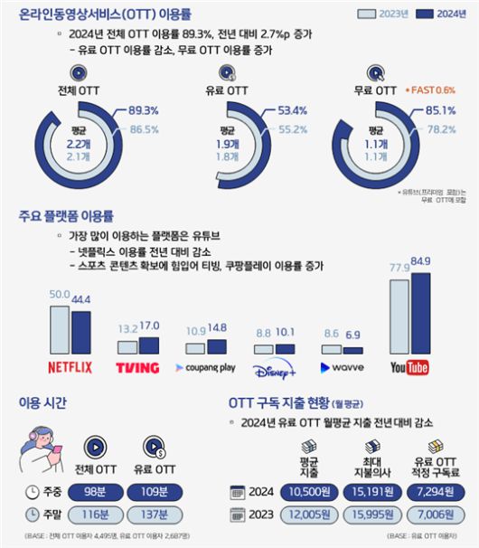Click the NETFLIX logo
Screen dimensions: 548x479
pos(70,367)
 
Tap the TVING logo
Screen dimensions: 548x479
pos(137,367)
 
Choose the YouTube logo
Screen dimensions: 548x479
pos(410,367)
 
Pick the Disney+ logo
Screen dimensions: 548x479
pos(273,367)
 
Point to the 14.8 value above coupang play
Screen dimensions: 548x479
pos(217,326)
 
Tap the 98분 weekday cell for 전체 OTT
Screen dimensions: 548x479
pos(97,491)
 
